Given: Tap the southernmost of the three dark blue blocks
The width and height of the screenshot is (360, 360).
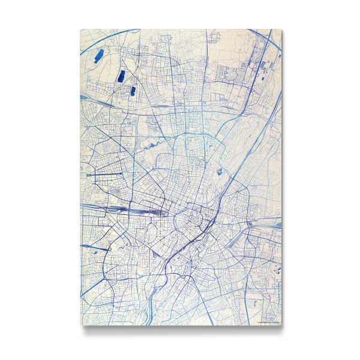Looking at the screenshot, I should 133,91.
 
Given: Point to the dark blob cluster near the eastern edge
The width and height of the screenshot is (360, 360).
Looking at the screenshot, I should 277,268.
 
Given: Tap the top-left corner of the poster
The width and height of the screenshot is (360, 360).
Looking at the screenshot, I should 80,28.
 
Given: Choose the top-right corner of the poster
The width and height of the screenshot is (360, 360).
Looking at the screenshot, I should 281,28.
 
